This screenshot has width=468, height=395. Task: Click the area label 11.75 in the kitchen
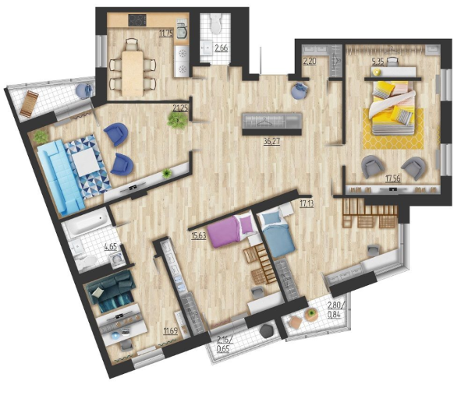coord(166,33)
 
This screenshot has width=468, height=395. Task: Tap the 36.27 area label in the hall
coord(271,141)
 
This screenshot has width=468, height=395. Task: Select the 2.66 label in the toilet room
coord(222,48)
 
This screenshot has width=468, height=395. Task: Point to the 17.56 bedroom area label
coord(393,178)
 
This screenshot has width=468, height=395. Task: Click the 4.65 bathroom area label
coord(111,247)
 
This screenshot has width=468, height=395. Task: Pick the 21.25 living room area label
coord(180,108)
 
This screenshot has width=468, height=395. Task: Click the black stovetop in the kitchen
coord(137,20)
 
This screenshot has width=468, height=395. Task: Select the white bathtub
coord(87,220)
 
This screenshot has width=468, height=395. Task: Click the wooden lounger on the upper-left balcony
coord(30,104)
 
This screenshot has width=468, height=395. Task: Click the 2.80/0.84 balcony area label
coord(336,310)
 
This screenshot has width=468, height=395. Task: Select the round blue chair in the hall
coord(300,90)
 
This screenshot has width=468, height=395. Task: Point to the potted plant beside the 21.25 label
coord(177,119)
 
